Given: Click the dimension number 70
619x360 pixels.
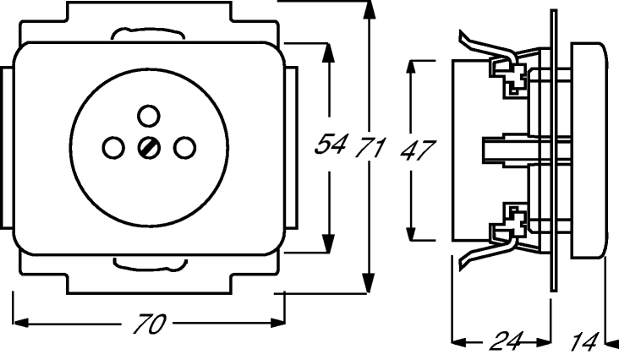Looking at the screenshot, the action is tap(150, 325).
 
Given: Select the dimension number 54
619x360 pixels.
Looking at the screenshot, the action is tap(331, 144).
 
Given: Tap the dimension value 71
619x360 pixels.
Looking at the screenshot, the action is tap(369, 148).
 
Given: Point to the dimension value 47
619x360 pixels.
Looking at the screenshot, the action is tap(417, 150).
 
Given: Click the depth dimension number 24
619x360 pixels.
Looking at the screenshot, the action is tap(507, 341).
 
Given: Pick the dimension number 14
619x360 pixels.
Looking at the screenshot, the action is tap(584, 341).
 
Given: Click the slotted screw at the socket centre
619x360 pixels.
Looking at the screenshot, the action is tap(149, 148).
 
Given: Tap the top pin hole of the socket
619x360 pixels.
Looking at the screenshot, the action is tap(149, 116).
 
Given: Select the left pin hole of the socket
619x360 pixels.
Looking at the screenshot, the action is tap(113, 148).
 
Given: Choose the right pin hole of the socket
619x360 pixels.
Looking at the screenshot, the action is tap(184, 148).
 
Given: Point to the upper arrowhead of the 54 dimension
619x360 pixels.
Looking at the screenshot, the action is tap(327, 52).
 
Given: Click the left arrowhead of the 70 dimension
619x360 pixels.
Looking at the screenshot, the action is tap(23, 323).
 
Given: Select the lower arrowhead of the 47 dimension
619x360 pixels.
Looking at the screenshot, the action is tap(412, 230).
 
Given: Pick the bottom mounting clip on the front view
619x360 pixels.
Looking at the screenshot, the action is tap(150, 264).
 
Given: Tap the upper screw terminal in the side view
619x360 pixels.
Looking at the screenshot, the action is tap(509, 77).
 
